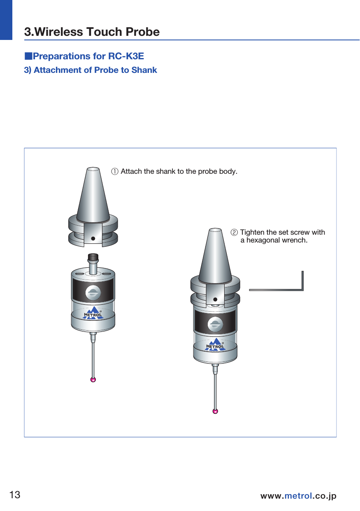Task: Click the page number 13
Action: pos(15,495)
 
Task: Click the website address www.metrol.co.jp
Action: pos(298,496)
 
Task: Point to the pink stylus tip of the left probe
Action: pos(93,380)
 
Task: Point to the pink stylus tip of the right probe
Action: pos(215,411)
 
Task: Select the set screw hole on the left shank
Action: pos(93,238)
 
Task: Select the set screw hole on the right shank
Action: pos(215,299)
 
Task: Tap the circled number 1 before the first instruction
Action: pos(115,171)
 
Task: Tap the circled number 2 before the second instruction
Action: pos(234,233)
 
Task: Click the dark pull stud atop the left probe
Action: pos(93,258)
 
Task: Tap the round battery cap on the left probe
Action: pos(93,292)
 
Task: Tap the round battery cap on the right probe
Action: pos(215,324)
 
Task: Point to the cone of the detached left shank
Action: pos(93,194)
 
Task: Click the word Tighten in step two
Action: pos(252,233)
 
